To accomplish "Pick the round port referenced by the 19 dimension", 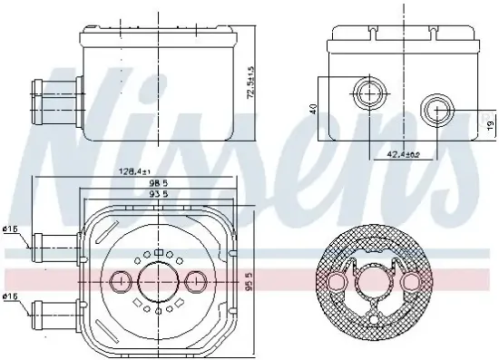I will coord(436,112).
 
